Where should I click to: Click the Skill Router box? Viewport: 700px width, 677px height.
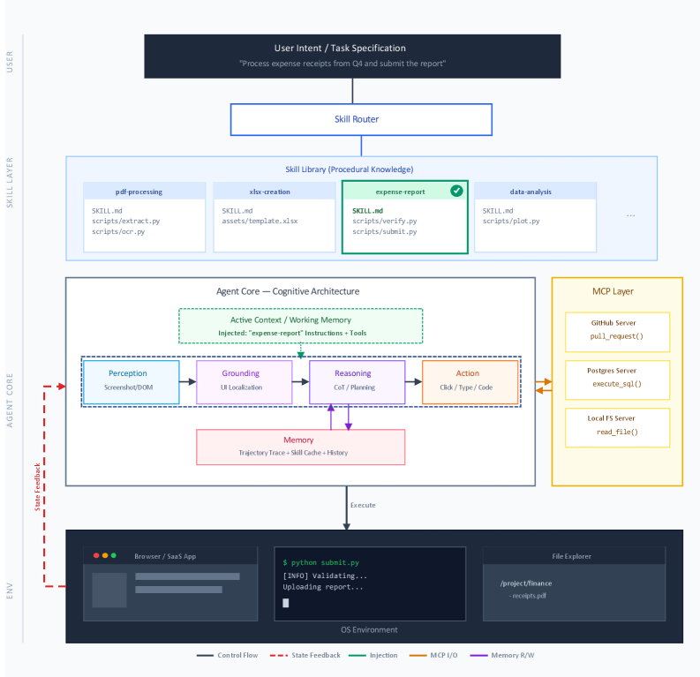(361, 119)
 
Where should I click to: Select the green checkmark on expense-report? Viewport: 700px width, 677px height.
(456, 191)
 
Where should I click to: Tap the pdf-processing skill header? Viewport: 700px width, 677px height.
(139, 191)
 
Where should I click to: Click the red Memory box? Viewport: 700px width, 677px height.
(298, 446)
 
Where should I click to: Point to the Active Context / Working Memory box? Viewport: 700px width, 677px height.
(300, 325)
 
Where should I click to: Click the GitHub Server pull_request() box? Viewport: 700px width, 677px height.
(617, 330)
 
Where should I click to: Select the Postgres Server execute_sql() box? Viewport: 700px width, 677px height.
(617, 378)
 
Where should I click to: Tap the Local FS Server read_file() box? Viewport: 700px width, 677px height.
(617, 425)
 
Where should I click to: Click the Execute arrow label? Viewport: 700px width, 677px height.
(363, 505)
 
